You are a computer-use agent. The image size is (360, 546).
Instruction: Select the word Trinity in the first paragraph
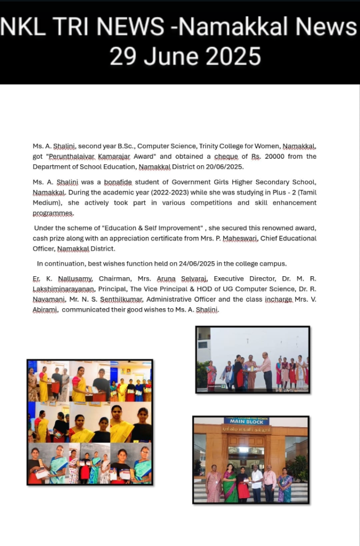[x=213, y=146]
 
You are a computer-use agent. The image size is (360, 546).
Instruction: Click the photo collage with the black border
[x=90, y=422]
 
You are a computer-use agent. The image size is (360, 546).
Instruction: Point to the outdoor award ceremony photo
[x=252, y=360]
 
